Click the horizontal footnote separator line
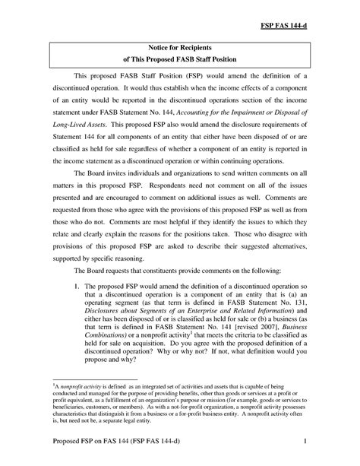tap(95, 398)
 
